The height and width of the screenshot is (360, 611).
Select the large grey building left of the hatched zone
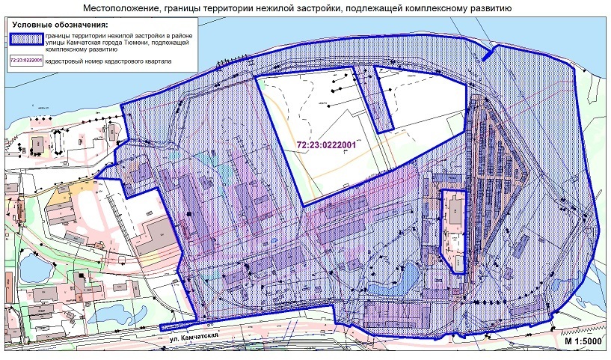pos(153,236)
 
